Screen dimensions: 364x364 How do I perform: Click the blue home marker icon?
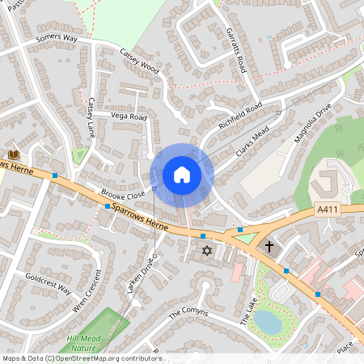(x=182, y=175)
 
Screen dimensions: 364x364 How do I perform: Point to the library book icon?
(x=13, y=154)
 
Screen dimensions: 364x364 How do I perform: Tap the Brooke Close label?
(x=123, y=195)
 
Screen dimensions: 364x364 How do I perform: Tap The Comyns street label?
(x=188, y=312)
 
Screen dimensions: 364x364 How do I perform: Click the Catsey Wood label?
(x=140, y=64)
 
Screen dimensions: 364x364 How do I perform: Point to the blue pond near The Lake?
(x=268, y=322)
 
